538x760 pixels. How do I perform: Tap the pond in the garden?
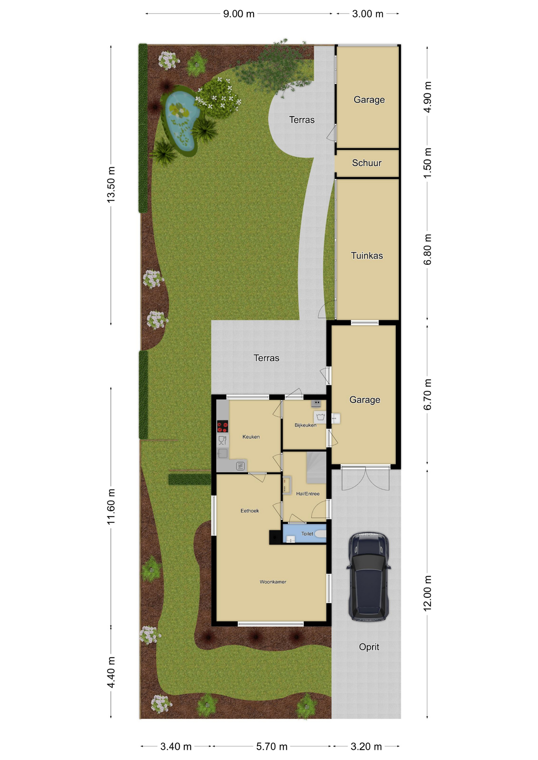181,121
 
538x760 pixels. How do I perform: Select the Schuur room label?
366,163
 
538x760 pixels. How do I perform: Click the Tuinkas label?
366,256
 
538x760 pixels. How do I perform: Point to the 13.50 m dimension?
111,185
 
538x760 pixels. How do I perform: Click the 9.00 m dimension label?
238,14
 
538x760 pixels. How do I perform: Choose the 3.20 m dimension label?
366,747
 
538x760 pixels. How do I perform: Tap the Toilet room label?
307,534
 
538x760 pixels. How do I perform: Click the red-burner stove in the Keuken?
222,426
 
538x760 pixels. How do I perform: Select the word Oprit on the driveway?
369,647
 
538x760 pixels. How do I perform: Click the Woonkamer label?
273,582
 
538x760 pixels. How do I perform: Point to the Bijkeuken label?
305,425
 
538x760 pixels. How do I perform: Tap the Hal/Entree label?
307,494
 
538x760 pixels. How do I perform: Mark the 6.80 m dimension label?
427,250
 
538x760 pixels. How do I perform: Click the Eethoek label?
250,511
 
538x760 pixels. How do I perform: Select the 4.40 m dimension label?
111,672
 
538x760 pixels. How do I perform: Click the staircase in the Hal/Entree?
316,467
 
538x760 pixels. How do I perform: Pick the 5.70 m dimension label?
271,747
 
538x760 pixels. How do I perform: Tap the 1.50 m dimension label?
427,163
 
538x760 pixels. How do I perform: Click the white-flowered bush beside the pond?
219,98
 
